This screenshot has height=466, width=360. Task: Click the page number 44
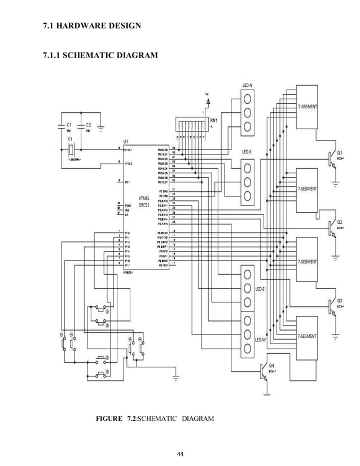click(x=180, y=454)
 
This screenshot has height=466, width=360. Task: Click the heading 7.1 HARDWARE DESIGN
click(x=89, y=26)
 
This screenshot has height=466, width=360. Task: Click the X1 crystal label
click(x=69, y=138)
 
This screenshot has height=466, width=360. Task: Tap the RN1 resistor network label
click(x=215, y=120)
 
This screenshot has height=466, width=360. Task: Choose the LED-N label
click(x=248, y=85)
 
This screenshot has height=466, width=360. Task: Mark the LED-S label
click(x=247, y=152)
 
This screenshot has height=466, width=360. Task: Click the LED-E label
click(x=260, y=289)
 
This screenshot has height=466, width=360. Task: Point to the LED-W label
click(x=260, y=340)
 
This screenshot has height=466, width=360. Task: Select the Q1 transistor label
click(x=340, y=152)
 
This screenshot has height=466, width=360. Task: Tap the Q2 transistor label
click(x=340, y=222)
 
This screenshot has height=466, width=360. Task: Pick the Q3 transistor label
click(x=340, y=301)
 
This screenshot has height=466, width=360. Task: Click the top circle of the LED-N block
click(x=247, y=99)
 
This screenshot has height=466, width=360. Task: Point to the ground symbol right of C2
click(x=101, y=128)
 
